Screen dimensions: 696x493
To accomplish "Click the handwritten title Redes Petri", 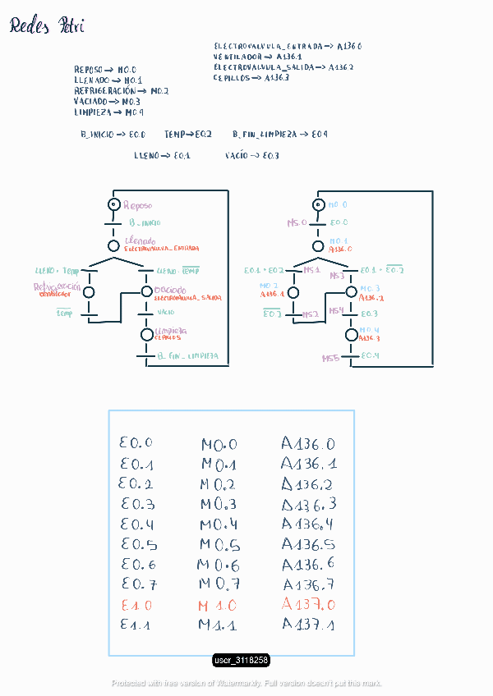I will [x=47, y=27].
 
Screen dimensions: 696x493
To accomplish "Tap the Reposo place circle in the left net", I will [x=113, y=204].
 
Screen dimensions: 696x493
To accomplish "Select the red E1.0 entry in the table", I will [x=136, y=605].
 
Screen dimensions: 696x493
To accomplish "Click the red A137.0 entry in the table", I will [x=308, y=605].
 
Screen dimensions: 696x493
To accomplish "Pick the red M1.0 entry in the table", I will [x=217, y=606].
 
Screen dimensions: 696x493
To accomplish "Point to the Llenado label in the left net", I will [x=140, y=240].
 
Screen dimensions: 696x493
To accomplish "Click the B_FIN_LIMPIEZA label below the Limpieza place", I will [x=187, y=357].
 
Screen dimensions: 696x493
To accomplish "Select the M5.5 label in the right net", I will [x=330, y=359].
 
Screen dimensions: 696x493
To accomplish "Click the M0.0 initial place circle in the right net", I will [x=319, y=204].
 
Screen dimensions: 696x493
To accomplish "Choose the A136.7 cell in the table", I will [x=308, y=584].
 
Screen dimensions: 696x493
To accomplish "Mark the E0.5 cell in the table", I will [x=138, y=544].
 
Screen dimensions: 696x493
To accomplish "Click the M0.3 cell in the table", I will [x=218, y=504].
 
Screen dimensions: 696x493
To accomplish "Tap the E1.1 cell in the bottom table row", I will [x=136, y=625].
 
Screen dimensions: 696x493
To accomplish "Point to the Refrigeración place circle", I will [x=89, y=292].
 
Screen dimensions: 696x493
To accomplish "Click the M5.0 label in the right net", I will [x=296, y=222].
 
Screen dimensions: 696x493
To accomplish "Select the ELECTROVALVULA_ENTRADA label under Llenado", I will [x=162, y=248].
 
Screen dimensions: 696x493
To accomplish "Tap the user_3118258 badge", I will [x=242, y=660].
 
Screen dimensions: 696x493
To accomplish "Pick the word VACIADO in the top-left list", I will [x=90, y=101].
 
